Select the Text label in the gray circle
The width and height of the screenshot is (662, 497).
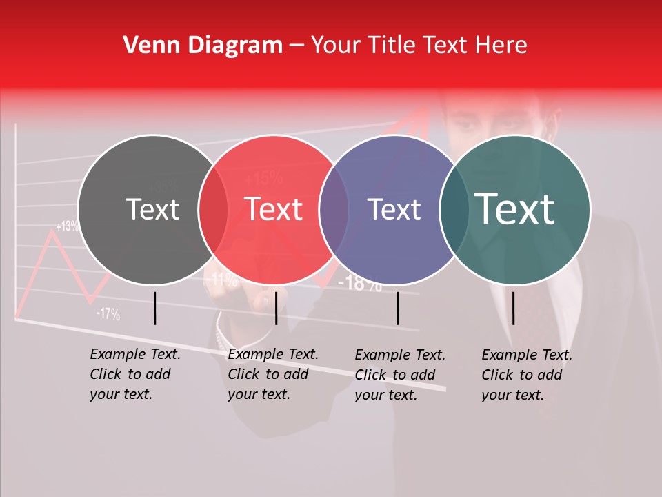coord(152,209)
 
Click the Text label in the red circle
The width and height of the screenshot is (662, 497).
coord(273,209)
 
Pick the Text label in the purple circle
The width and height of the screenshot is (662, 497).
coord(394,209)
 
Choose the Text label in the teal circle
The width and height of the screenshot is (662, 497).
coord(514,209)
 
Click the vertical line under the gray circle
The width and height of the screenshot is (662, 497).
coord(155,308)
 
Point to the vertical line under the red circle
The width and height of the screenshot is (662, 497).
coord(276,308)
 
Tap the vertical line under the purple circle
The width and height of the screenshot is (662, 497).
coord(397,308)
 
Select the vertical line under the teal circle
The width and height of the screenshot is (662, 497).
coord(514,308)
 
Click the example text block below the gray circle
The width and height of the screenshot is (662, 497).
coord(134,374)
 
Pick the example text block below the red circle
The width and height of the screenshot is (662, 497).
coord(272,374)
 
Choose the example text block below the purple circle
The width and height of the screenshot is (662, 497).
coord(399,375)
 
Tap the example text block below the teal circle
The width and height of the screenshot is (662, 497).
coord(526,375)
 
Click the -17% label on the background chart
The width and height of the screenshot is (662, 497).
coord(108,315)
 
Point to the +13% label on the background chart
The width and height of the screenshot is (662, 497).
coord(67,226)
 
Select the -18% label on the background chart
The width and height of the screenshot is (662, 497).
coord(360,282)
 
